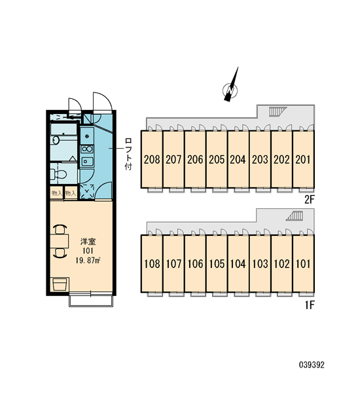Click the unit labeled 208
click(x=152, y=159)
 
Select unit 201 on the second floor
click(x=303, y=159)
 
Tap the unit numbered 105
click(x=217, y=263)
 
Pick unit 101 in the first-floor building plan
click(x=303, y=263)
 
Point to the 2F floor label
click(x=309, y=200)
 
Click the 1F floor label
click(x=310, y=305)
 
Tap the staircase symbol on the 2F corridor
click(x=278, y=111)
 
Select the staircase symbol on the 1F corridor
click(x=295, y=215)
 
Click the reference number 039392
click(x=312, y=364)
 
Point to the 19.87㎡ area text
click(x=88, y=260)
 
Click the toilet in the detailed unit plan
click(x=58, y=174)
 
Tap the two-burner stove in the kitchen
click(x=87, y=149)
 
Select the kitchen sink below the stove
click(x=87, y=161)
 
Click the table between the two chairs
click(x=60, y=241)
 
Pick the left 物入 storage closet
click(x=56, y=193)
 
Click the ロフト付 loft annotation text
click(x=128, y=154)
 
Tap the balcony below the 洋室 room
click(x=91, y=301)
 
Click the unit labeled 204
click(x=238, y=159)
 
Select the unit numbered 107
click(x=173, y=263)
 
